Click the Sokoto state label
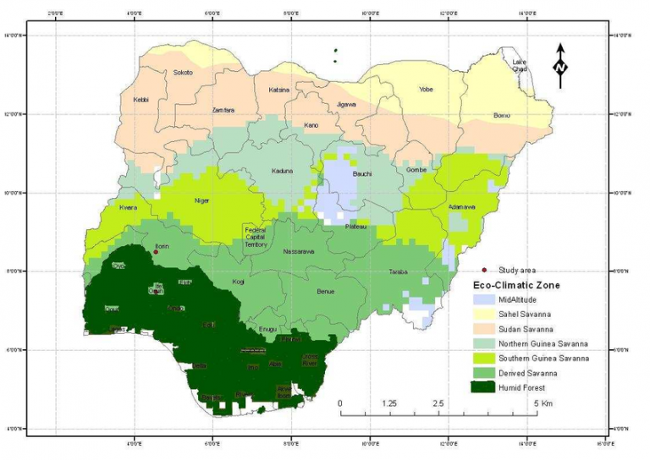(x=183, y=73)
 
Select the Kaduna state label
(x=282, y=171)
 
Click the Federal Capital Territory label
(x=256, y=237)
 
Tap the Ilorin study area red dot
(x=156, y=252)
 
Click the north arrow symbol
(x=560, y=66)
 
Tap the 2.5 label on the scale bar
(x=438, y=404)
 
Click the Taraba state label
(x=399, y=272)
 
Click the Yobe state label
(x=427, y=89)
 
